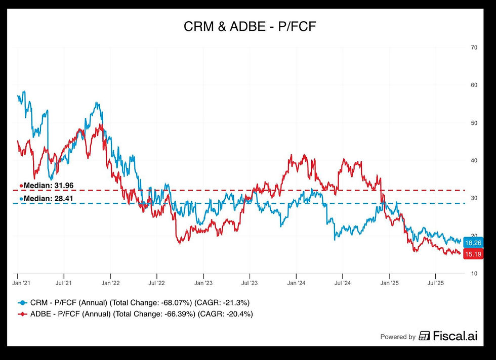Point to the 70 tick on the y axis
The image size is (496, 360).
click(x=474, y=48)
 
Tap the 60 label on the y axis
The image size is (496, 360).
click(x=474, y=85)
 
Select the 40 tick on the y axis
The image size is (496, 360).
click(x=474, y=160)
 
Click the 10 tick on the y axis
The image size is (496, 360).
click(x=474, y=274)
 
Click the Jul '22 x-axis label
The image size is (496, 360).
click(x=156, y=284)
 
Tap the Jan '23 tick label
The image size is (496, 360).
click(x=203, y=284)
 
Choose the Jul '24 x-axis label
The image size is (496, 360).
click(x=342, y=284)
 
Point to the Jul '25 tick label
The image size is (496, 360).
click(x=435, y=284)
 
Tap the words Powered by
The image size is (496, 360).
click(x=398, y=337)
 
